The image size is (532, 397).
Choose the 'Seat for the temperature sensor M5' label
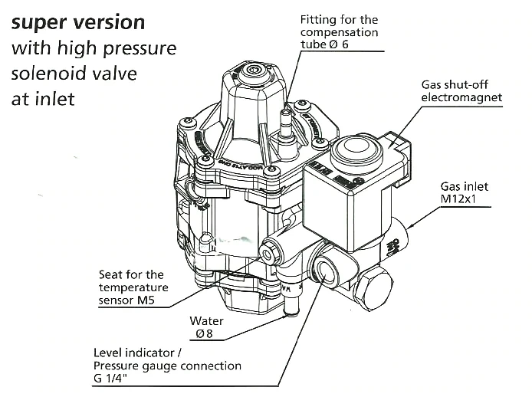click(x=132, y=287)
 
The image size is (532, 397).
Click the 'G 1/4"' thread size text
click(x=114, y=379)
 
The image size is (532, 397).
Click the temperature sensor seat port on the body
click(x=270, y=251)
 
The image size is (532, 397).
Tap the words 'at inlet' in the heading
click(x=43, y=100)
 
